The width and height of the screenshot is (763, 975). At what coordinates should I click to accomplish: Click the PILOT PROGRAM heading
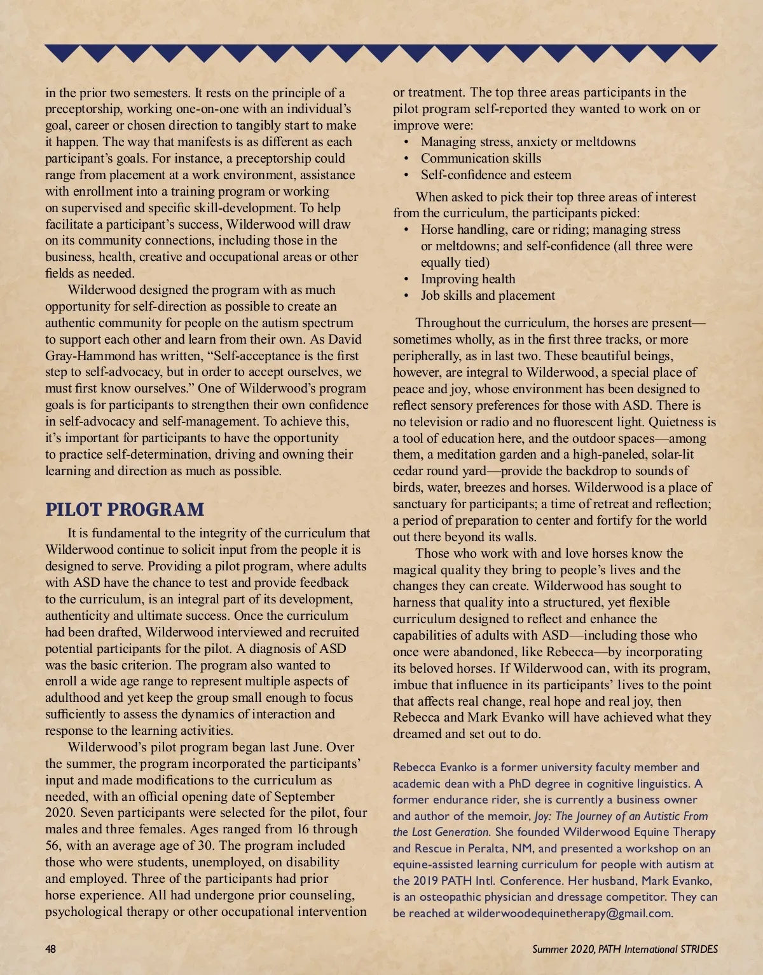tap(125, 509)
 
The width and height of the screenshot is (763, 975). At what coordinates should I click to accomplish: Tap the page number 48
tap(51, 949)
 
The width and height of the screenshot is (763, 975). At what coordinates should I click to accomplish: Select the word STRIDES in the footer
tap(699, 949)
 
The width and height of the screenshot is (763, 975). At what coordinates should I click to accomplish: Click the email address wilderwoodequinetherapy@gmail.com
tap(569, 913)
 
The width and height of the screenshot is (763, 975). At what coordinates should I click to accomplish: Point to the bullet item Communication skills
tap(481, 158)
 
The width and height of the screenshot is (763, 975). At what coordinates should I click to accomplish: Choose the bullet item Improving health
tap(468, 279)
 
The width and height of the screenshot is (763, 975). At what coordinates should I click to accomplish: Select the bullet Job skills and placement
tap(488, 295)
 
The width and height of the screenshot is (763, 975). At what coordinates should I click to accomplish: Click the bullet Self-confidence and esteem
tap(496, 175)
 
